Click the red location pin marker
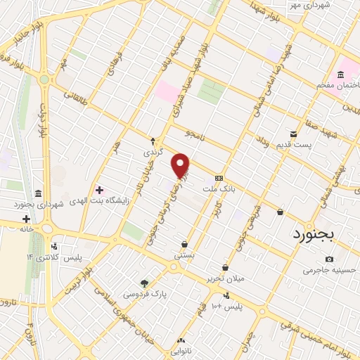[181, 165]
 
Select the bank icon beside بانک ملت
[219, 178]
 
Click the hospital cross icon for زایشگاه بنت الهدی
[99, 190]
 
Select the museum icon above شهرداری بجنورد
[37, 193]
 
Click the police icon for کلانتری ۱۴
[54, 247]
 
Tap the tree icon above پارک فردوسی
[144, 283]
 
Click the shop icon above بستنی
[184, 245]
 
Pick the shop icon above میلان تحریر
[224, 268]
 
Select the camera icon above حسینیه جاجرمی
[330, 259]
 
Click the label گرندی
[153, 151]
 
